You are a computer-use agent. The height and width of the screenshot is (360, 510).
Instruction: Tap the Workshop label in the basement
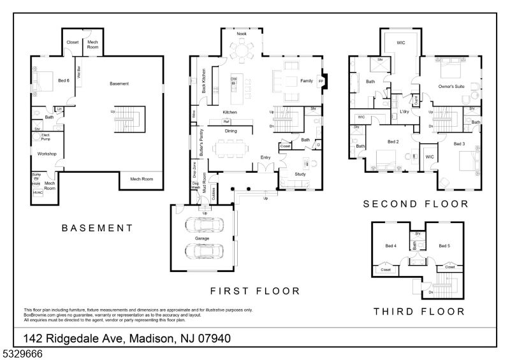(47, 154)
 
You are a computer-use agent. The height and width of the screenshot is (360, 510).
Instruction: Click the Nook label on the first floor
(242, 33)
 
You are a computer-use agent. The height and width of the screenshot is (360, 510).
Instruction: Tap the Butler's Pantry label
(201, 144)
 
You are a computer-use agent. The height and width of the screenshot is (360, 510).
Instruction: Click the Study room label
(300, 173)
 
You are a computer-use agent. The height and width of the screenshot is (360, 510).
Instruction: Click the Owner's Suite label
(450, 86)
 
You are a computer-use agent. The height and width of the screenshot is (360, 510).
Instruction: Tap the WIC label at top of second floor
(401, 43)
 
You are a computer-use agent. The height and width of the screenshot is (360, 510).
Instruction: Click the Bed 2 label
(393, 141)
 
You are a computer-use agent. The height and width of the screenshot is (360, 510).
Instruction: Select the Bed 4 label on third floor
(391, 245)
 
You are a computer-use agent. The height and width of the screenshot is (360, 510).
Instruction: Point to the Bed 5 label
(444, 245)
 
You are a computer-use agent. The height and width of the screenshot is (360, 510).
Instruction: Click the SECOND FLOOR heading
(415, 204)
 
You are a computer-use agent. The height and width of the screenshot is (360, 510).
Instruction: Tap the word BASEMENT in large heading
(97, 227)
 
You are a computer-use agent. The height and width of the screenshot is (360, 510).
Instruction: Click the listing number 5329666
(21, 352)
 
